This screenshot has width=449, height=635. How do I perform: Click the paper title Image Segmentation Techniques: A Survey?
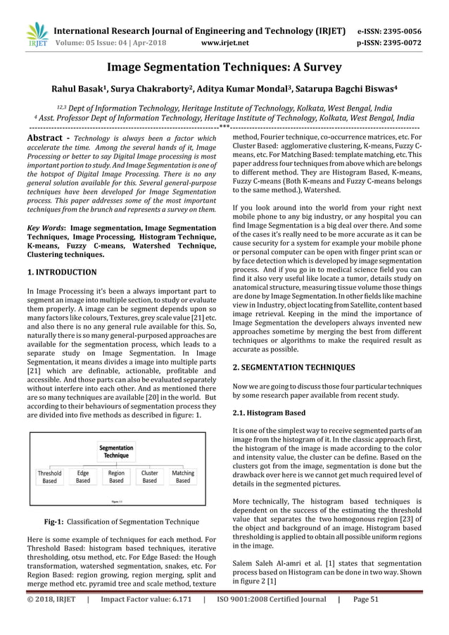point(224,68)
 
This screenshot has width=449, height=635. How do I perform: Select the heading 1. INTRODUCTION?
point(62,271)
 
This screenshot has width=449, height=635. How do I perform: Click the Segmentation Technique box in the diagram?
point(117,452)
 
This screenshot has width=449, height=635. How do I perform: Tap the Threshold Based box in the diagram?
point(49,477)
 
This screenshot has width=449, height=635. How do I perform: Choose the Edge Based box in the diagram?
point(83,477)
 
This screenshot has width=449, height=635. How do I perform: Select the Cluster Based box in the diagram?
point(149,477)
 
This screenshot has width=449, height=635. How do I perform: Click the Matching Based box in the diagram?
point(183,477)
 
